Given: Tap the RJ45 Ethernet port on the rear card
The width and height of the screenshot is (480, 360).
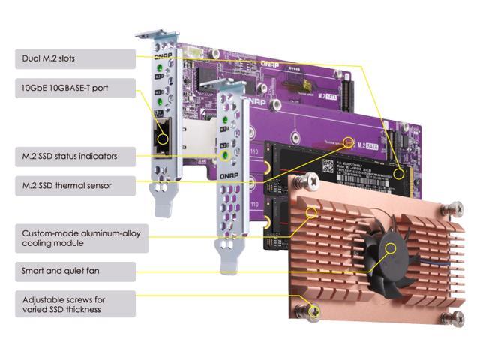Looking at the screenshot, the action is (160, 134).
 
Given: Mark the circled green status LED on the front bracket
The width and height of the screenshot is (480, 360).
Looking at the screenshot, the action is (223, 157).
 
